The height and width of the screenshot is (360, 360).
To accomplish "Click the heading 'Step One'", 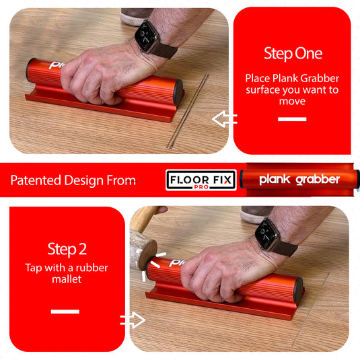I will (293, 54).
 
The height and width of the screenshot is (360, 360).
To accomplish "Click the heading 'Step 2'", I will (67, 249).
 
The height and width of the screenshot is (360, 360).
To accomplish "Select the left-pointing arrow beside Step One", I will (224, 120).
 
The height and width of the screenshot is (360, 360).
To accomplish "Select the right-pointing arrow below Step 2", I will (133, 320).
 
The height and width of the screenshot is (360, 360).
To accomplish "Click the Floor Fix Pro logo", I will (201, 180).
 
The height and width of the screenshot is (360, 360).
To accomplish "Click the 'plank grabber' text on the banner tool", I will (299, 180).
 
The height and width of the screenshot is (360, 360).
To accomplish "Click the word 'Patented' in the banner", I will (36, 180).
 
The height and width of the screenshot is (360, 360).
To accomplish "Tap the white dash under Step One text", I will (292, 119).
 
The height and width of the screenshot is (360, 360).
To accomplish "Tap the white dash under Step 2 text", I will (65, 312).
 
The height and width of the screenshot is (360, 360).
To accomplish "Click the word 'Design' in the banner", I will (87, 180).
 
